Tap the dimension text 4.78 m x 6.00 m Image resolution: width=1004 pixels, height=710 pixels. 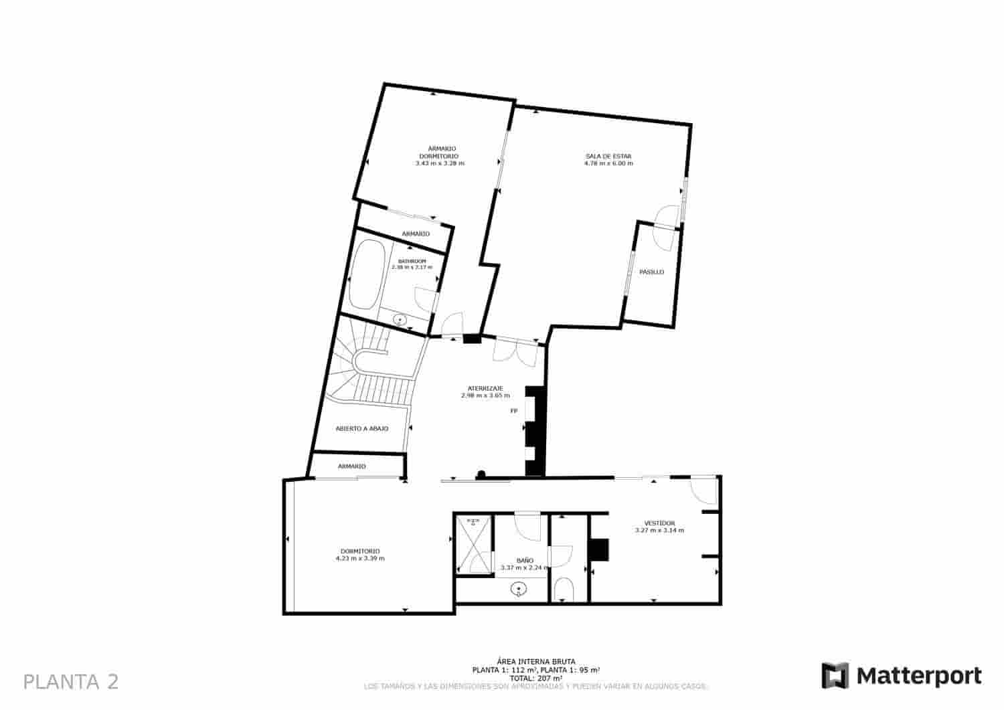point(608,163)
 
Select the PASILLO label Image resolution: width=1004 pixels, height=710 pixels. point(651,272)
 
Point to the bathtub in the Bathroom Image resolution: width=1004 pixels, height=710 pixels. point(367,275)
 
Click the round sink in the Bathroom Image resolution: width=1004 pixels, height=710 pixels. point(400,320)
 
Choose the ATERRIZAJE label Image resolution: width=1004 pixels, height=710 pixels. point(485,388)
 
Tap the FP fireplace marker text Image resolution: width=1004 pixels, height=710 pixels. point(514,411)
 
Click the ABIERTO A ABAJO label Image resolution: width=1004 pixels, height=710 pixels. point(361,429)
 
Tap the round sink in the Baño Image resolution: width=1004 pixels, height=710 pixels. point(519,590)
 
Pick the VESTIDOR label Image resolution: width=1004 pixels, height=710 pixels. point(659,523)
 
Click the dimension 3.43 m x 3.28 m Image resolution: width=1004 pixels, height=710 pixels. point(440,163)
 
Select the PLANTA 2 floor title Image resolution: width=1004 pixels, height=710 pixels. point(71,682)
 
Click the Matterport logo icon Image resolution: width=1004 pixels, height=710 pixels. point(835,675)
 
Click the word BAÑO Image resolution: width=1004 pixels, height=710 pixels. point(525,560)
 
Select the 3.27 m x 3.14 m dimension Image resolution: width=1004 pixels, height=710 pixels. point(659,531)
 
